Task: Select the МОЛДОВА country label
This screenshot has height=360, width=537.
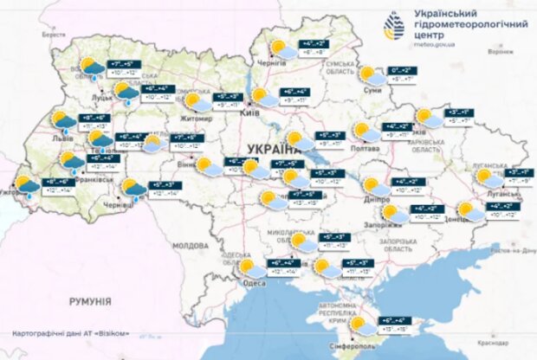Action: point(190,246)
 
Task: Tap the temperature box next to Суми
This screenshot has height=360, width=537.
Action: point(403,74)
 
